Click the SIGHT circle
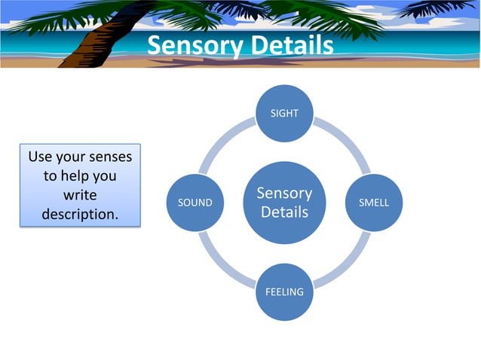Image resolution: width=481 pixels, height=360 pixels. [284, 114]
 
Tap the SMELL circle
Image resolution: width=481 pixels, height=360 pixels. [373, 203]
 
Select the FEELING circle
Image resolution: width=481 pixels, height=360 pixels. [284, 291]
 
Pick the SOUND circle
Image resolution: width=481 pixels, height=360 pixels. [195, 203]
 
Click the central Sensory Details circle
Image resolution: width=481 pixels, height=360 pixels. [284, 203]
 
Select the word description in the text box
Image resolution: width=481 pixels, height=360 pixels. [79, 214]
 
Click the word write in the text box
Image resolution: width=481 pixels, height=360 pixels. [80, 195]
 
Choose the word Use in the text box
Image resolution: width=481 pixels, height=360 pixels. [40, 157]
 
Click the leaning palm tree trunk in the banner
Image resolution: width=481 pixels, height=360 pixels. [90, 41]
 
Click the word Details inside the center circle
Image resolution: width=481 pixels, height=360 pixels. [284, 212]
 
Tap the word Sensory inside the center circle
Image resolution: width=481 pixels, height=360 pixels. [284, 194]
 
